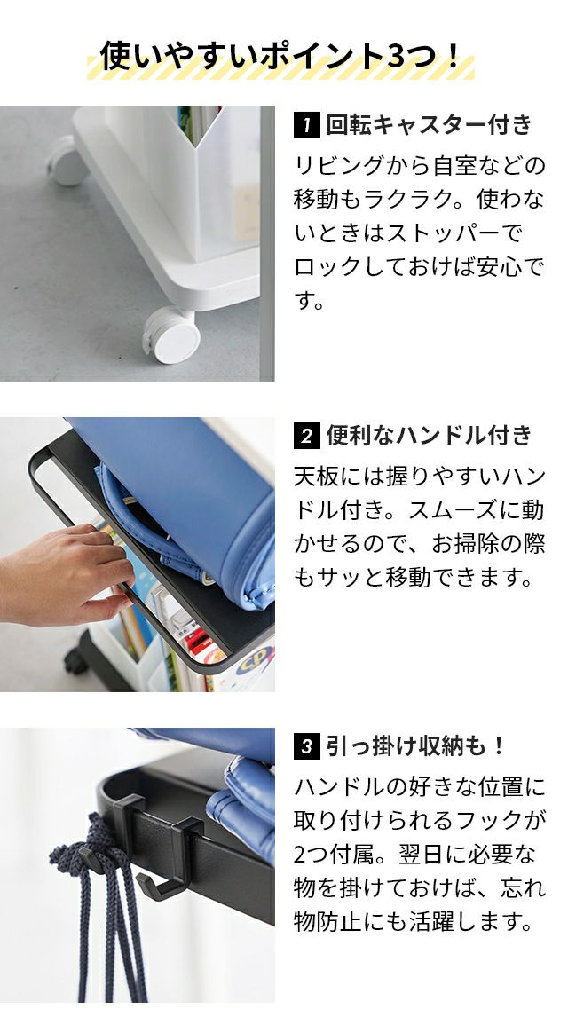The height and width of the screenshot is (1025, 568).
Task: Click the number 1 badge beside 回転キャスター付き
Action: tap(306, 125)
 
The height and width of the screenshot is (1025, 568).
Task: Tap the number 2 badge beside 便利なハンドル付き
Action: tap(306, 436)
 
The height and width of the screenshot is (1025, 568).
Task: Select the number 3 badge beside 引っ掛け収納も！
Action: tap(306, 745)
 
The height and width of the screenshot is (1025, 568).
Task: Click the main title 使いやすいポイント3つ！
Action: tap(281, 56)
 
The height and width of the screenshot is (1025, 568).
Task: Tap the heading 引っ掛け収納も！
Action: tap(415, 745)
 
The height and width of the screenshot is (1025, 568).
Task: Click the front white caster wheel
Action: tap(171, 335)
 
